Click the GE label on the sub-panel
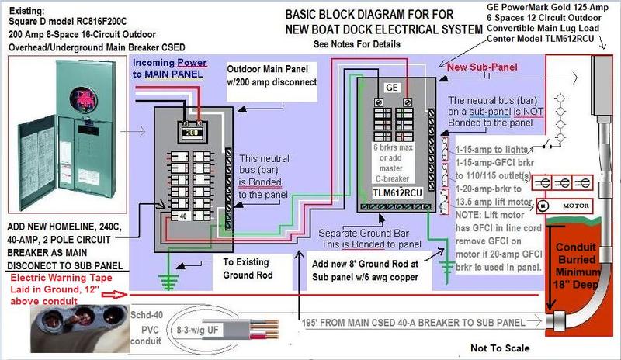392,88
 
